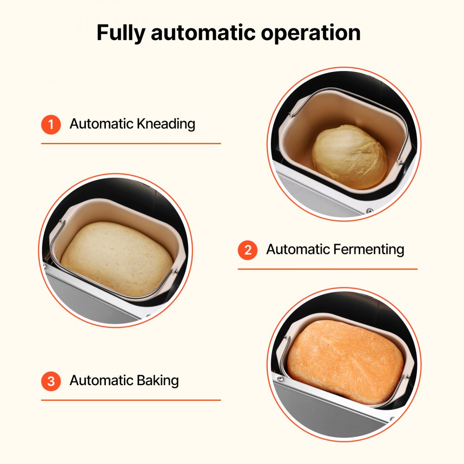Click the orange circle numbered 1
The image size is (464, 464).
[x=51, y=124]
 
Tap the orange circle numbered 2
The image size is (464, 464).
[x=248, y=250]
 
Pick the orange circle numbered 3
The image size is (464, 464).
[x=51, y=381]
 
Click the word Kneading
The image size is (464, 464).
[x=166, y=124]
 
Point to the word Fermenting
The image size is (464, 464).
[x=369, y=250]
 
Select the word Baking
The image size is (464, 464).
[x=158, y=380]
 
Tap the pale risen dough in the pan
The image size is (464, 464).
[x=117, y=258]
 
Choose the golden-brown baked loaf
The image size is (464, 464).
[x=344, y=361]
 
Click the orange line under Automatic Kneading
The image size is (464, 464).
[x=131, y=143]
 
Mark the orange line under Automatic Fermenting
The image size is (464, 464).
[x=328, y=269]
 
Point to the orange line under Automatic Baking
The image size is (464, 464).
[x=131, y=400]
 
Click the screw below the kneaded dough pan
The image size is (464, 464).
[x=369, y=211]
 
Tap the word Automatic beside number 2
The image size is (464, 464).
[x=298, y=250]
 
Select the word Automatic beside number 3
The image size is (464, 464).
[x=102, y=380]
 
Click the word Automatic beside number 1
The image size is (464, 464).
[x=102, y=124]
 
